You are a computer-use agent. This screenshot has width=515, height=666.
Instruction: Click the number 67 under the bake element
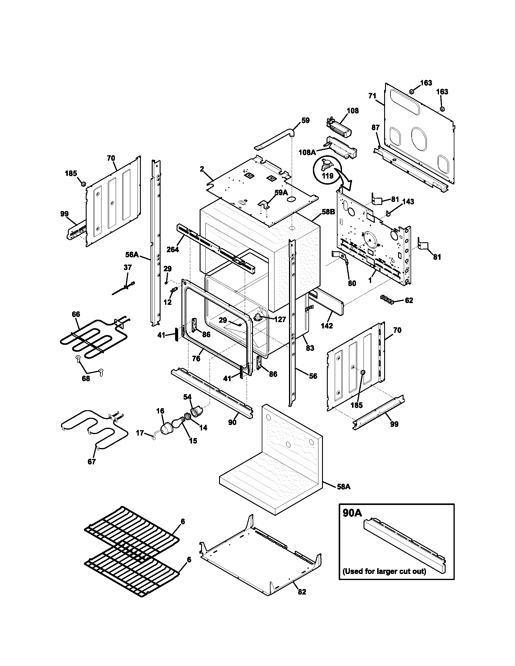[x=91, y=462]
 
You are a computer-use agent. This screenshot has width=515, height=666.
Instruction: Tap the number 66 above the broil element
[x=76, y=314]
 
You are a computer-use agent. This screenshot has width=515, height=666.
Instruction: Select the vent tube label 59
[x=305, y=120]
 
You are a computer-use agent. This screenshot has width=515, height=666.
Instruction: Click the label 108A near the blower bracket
[x=307, y=152]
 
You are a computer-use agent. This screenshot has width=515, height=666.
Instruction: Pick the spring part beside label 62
[x=386, y=299]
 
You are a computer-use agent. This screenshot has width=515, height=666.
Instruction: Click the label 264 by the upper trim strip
[x=172, y=249]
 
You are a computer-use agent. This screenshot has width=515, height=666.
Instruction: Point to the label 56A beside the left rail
[x=132, y=254]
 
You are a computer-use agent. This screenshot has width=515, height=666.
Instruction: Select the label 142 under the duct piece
[x=327, y=326]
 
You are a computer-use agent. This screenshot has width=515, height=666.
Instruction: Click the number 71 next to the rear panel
[x=372, y=96]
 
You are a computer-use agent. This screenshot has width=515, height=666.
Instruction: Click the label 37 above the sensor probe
[x=128, y=267]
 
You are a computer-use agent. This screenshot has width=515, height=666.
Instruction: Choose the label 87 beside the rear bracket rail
[x=375, y=128]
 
